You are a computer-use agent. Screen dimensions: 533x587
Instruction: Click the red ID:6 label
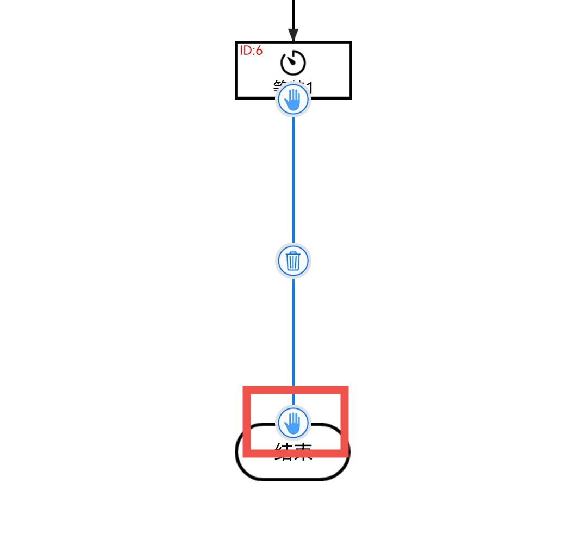[251, 51]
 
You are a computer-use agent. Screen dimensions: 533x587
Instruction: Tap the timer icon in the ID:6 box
[293, 63]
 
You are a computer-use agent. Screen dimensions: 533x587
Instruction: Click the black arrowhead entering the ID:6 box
[293, 35]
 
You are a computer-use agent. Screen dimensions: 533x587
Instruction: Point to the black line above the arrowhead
[293, 14]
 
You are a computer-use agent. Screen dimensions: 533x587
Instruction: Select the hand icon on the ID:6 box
[293, 100]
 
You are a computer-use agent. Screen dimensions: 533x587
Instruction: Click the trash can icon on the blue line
[293, 261]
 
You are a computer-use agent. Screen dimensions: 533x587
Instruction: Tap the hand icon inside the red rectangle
[293, 423]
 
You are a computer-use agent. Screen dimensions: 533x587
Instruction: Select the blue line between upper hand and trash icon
[293, 179]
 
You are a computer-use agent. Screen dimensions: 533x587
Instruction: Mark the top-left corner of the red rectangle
[246, 389]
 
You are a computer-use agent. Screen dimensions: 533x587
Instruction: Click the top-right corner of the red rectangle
[345, 389]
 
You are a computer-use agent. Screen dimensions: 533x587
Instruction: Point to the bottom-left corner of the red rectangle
[246, 453]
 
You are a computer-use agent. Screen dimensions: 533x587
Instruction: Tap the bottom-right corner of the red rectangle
[345, 453]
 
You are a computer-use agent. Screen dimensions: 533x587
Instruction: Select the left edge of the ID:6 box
[236, 70]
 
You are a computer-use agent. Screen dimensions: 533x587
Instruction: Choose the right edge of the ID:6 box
[351, 70]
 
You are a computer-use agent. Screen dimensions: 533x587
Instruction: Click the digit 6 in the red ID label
[259, 51]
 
